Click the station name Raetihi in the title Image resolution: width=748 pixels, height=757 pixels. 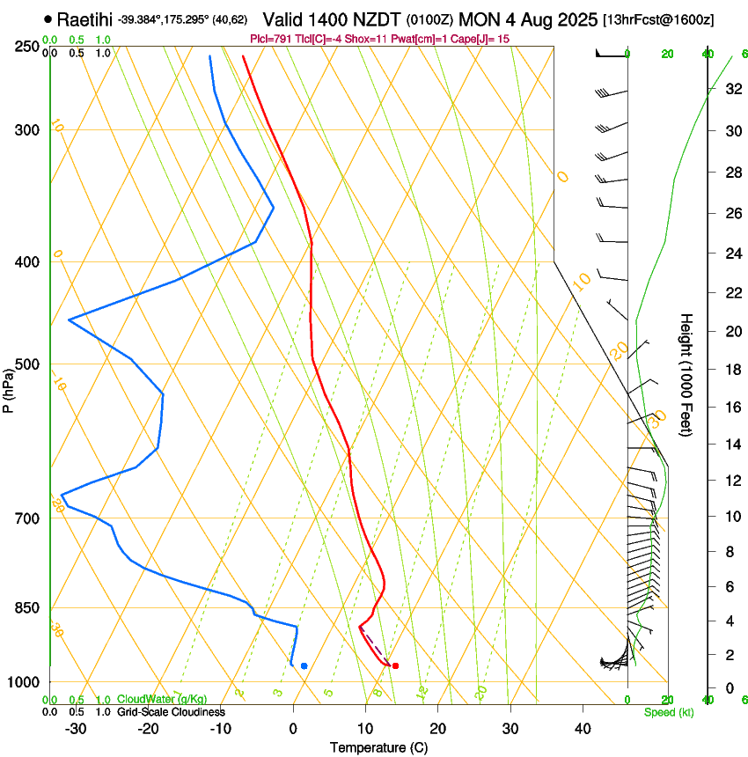(85, 19)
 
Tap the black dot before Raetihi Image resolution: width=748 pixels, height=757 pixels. (48, 19)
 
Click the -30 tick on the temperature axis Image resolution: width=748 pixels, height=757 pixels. (76, 728)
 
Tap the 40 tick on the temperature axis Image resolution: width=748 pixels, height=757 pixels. (583, 728)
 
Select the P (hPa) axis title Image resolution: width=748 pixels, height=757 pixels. (9, 388)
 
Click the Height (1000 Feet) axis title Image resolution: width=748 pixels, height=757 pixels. (686, 375)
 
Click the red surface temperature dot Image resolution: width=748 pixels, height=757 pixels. (395, 665)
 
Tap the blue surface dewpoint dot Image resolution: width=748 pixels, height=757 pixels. (304, 665)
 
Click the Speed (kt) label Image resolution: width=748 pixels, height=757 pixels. (668, 712)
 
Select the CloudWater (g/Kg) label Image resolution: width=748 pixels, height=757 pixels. (162, 700)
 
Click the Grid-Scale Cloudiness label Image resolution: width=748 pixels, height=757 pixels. (171, 712)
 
